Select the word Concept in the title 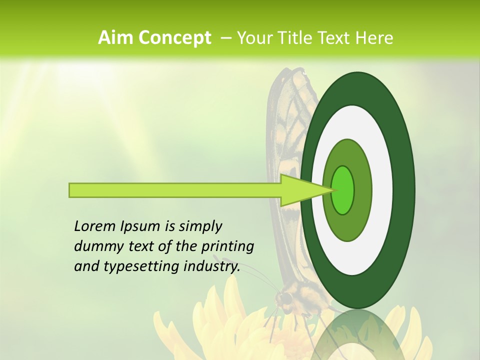point(174,37)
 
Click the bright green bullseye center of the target point(343,190)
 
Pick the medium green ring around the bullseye point(363,190)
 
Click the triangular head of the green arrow point(300,190)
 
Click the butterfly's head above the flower point(284,299)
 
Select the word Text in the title point(336,37)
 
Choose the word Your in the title point(255,37)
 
